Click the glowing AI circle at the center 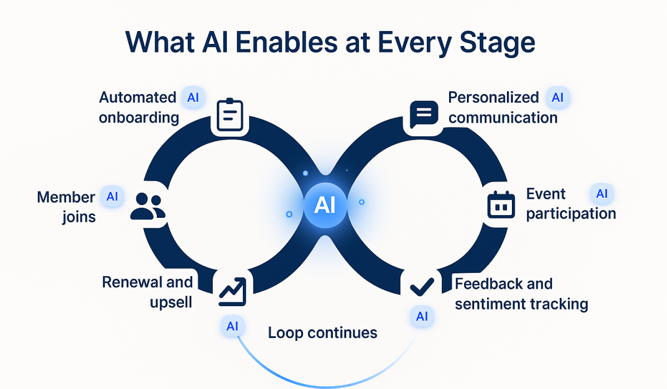click(x=325, y=206)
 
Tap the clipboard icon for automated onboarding click(x=230, y=116)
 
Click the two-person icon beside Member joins click(x=148, y=206)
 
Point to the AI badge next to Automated click(x=193, y=98)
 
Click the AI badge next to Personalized click(x=558, y=98)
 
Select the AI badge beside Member click(x=112, y=197)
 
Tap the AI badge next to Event click(x=601, y=194)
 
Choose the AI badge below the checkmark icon click(x=422, y=317)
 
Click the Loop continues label click(x=322, y=333)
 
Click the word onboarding click(x=139, y=118)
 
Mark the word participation click(x=571, y=214)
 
